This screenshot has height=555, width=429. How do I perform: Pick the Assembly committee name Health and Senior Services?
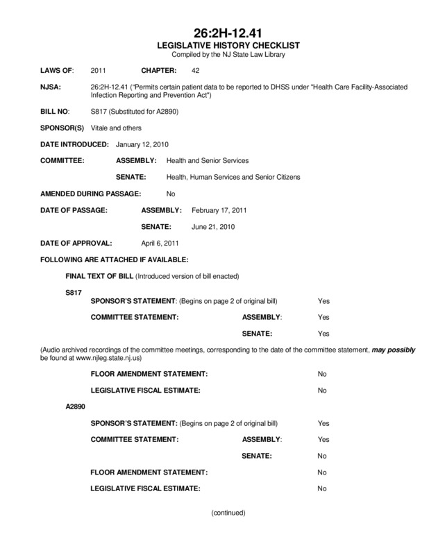203,161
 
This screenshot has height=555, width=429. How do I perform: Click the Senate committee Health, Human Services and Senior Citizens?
229,178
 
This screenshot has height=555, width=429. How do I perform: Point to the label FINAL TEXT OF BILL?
99,276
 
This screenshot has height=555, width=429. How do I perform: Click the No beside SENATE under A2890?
321,456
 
